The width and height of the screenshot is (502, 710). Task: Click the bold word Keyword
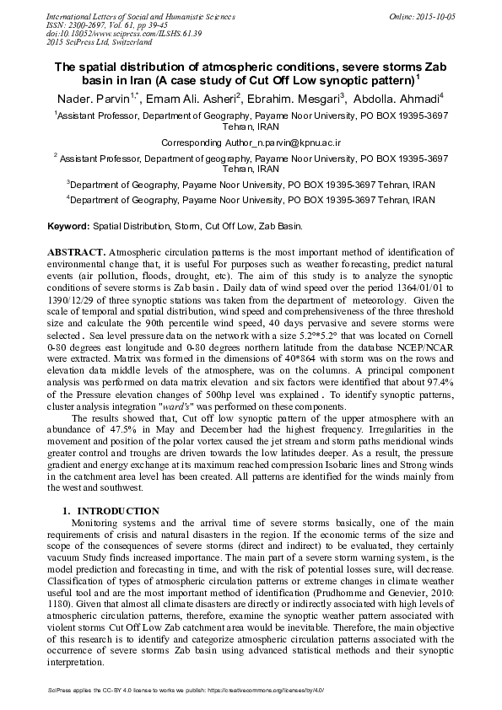[x=67, y=227]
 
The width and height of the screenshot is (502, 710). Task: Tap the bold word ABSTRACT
[x=76, y=252]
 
